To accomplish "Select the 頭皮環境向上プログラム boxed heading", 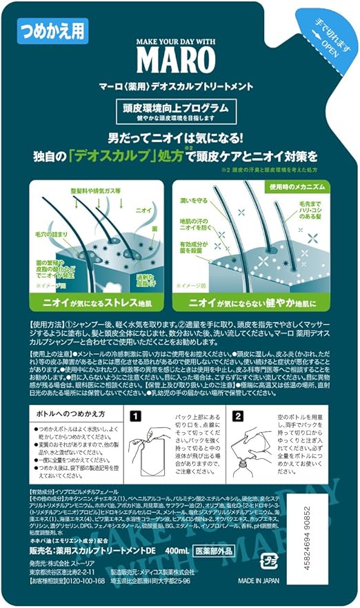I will point(179,108).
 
